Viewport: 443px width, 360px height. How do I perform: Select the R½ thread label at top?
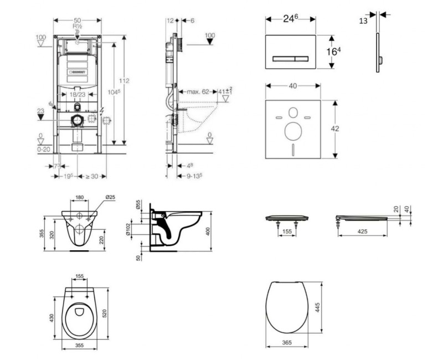pos(77,25)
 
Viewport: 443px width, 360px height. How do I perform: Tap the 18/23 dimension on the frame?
pos(78,95)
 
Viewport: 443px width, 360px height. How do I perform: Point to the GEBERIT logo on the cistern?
pos(78,70)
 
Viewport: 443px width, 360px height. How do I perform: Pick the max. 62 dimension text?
pos(198,91)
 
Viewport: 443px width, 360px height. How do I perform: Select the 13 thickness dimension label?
pos(363,20)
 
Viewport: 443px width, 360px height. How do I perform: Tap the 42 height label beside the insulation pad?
pos(334,128)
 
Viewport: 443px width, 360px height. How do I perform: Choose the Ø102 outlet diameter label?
pos(128,229)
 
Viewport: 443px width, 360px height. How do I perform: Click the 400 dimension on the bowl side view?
pos(209,230)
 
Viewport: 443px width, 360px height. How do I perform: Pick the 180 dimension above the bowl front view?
pos(80,197)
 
